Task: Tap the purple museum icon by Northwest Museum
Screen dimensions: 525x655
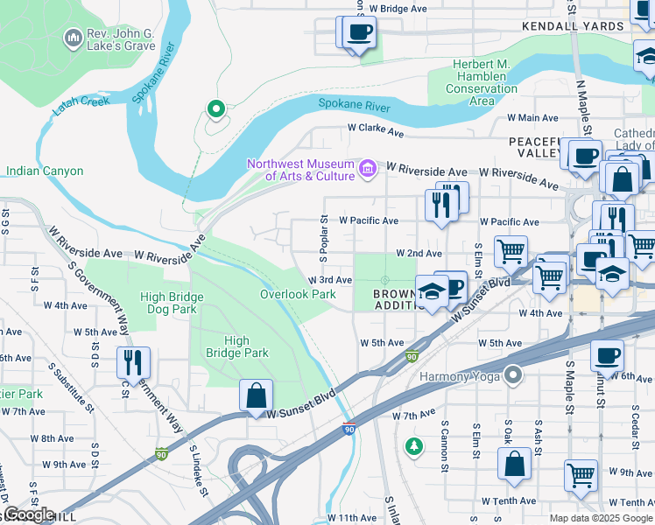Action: (x=367, y=166)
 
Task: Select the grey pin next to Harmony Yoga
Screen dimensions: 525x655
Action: (x=513, y=376)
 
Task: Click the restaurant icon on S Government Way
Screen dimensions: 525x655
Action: (x=133, y=361)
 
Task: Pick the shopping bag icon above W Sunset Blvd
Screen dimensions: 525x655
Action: (x=256, y=395)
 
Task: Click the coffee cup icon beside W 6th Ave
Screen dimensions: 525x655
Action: (x=606, y=355)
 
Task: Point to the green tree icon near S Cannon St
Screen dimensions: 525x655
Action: (x=413, y=446)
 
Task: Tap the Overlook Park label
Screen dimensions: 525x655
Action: (x=298, y=295)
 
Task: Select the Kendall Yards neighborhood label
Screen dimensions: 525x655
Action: (x=574, y=26)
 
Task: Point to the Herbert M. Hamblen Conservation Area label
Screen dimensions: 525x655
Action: (x=481, y=83)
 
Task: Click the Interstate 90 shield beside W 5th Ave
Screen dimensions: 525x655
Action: (x=412, y=356)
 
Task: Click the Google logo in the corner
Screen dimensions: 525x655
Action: (x=28, y=514)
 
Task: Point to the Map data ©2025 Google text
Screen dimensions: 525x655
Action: (x=599, y=518)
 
